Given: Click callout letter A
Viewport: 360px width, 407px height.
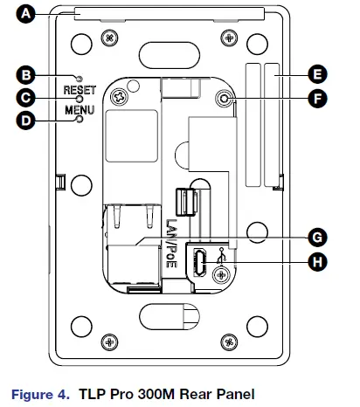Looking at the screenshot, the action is [25, 14].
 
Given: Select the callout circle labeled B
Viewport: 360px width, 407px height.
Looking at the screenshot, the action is [25, 75].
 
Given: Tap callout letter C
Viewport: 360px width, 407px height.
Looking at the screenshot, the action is [25, 98].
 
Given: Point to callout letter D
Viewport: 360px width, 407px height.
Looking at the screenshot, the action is [25, 121].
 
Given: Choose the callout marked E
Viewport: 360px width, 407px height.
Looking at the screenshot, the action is [317, 74].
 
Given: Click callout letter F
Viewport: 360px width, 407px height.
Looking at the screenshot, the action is [317, 99].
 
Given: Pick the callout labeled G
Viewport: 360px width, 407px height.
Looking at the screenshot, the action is [317, 238].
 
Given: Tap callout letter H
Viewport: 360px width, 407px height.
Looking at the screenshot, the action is [317, 262].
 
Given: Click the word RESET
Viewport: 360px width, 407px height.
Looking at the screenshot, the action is [80, 90].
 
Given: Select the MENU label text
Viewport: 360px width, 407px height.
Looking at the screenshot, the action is [80, 110].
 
